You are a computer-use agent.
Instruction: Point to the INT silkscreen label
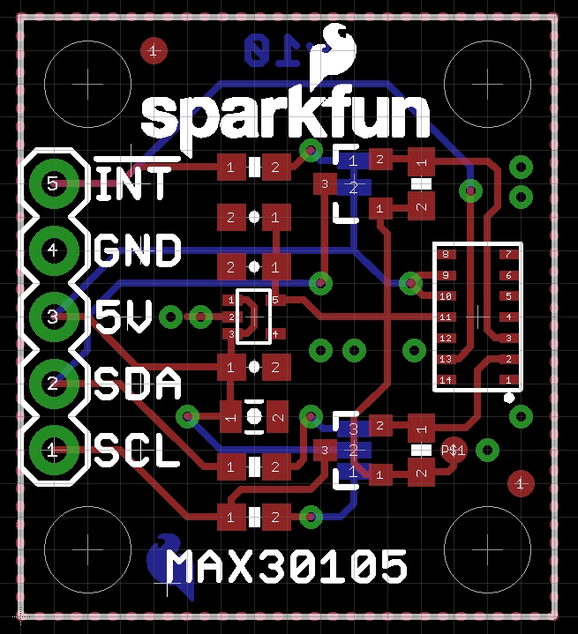pyautogui.click(x=133, y=183)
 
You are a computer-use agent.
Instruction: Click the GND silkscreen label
pyautogui.click(x=137, y=250)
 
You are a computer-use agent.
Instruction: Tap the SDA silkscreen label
pyautogui.click(x=138, y=385)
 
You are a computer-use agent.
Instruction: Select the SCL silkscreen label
pyautogui.click(x=137, y=452)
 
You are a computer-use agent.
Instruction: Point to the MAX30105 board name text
pyautogui.click(x=287, y=566)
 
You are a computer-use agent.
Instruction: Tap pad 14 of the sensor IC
pyautogui.click(x=446, y=379)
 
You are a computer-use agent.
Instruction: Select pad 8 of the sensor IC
pyautogui.click(x=446, y=254)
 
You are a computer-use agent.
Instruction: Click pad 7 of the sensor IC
pyautogui.click(x=508, y=254)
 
